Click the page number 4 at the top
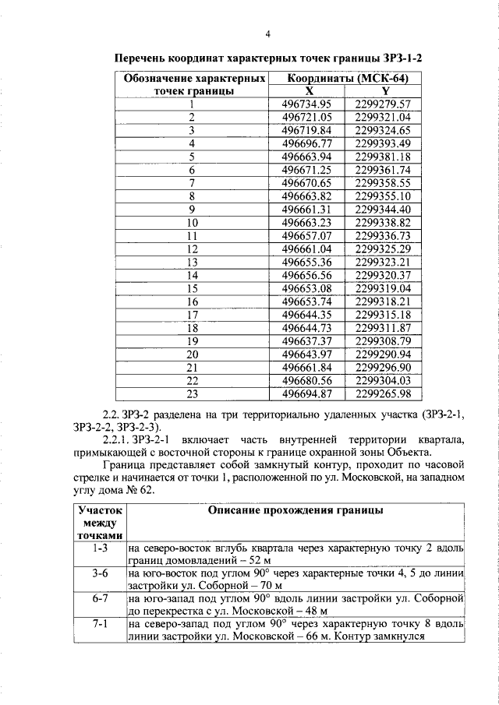click(x=267, y=34)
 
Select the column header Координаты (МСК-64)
click(x=347, y=79)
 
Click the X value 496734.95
click(x=307, y=104)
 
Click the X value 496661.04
click(x=307, y=249)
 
